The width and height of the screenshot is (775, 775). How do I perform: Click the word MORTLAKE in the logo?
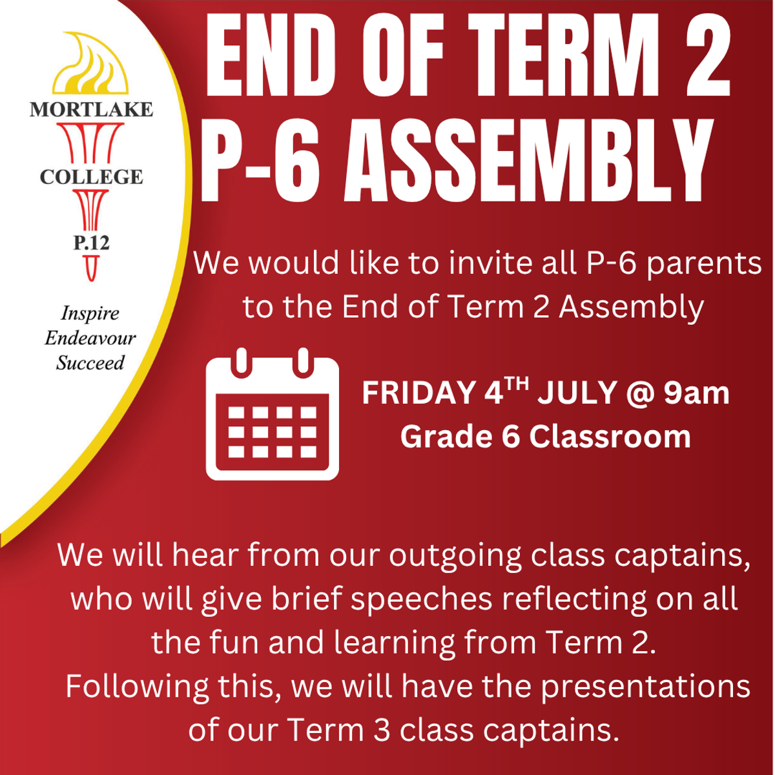pyautogui.click(x=91, y=109)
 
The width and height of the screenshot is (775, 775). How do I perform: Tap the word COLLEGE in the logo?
pyautogui.click(x=91, y=177)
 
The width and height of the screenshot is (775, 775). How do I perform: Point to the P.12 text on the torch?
pyautogui.click(x=91, y=243)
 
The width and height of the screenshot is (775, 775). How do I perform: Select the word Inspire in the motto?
pyautogui.click(x=90, y=314)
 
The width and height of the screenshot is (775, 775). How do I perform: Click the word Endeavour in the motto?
pyautogui.click(x=90, y=338)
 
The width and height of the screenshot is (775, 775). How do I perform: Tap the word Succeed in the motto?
pyautogui.click(x=90, y=363)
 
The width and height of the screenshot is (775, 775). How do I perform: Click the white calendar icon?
pyautogui.click(x=273, y=414)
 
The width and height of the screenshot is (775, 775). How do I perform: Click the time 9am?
pyautogui.click(x=696, y=393)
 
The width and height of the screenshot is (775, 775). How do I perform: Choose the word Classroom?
pyautogui.click(x=610, y=437)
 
